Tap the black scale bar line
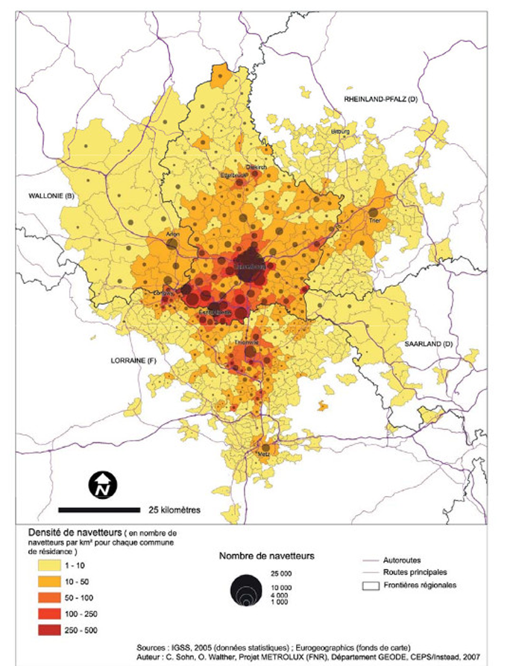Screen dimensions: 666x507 (x=99, y=510)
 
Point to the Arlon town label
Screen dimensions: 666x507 (x=174, y=232)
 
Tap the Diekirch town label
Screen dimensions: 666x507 (x=256, y=167)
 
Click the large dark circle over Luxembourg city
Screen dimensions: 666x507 (x=250, y=267)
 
